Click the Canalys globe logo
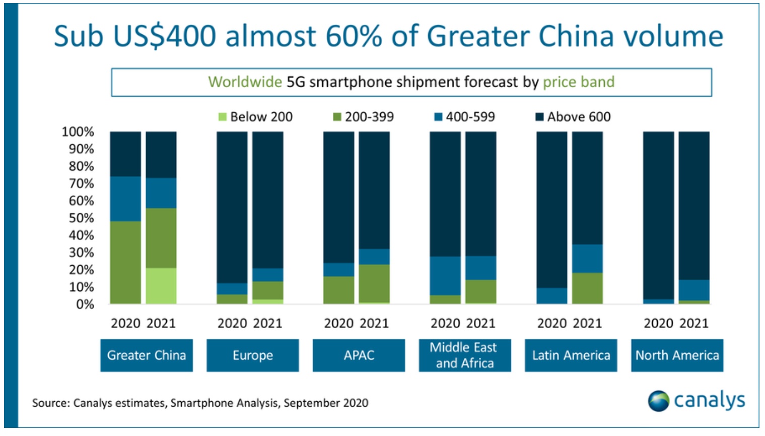pos(658,401)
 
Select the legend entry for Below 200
pos(255,117)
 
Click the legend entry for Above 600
pos(573,117)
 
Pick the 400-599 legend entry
pos(464,117)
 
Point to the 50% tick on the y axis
pos(82,218)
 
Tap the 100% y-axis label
pos(78,132)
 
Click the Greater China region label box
pos(147,355)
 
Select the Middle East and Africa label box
pos(464,355)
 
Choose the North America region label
pos(677,355)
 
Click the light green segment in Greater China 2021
pos(161,286)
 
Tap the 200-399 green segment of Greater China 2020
pos(125,262)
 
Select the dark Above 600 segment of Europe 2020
pos(232,207)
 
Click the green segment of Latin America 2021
pos(587,288)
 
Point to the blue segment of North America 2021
pos(694,290)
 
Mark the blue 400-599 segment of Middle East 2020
pos(445,276)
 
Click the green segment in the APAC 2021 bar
pos(374,283)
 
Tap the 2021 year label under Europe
pos(267,323)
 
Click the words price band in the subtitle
pos(579,82)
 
